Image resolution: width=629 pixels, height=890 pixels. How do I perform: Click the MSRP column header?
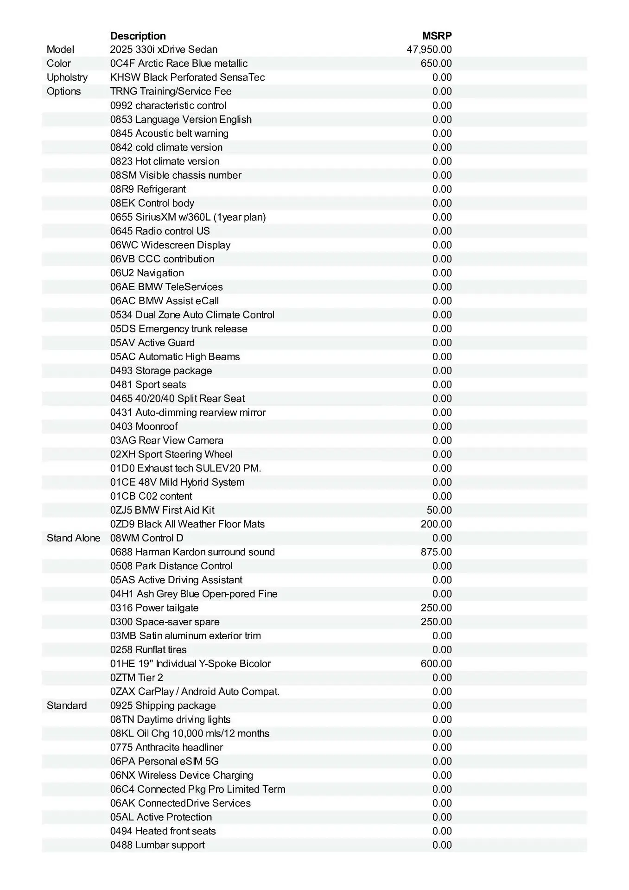(437, 36)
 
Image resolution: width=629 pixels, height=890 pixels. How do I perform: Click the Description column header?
(138, 36)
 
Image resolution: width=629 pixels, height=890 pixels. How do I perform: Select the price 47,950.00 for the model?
(429, 50)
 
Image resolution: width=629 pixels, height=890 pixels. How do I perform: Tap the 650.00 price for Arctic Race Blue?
(436, 64)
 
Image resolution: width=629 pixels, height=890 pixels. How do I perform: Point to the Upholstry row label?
(67, 77)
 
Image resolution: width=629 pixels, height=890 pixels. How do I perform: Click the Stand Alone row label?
(73, 538)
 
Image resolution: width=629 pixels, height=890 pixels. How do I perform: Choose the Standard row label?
(67, 706)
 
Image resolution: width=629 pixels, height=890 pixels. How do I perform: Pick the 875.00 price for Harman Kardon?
(436, 552)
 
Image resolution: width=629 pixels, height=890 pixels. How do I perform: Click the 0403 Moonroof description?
(144, 426)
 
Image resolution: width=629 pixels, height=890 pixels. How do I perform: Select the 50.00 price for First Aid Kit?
(439, 510)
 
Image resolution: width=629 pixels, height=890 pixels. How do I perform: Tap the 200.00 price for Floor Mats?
(436, 524)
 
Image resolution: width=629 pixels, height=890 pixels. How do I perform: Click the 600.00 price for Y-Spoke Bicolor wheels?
(436, 664)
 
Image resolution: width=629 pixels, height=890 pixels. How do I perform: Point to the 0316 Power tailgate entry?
(154, 608)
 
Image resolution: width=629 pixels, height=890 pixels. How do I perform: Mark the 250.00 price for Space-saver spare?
(436, 622)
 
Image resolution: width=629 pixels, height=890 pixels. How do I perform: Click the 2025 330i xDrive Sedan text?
(164, 50)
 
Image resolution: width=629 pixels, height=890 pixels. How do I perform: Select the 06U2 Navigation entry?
(147, 273)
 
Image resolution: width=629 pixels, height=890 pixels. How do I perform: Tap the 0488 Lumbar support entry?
(158, 845)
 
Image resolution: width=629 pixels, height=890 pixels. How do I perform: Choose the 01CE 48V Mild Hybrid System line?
(177, 482)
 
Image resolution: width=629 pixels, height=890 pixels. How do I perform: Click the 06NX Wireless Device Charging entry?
(182, 776)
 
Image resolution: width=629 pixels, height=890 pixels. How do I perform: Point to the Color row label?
(59, 64)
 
